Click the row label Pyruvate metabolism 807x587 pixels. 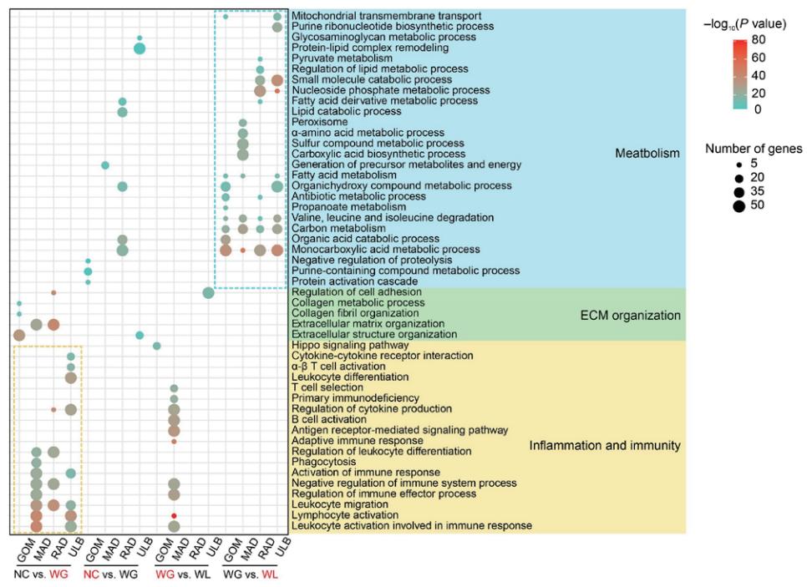(x=342, y=58)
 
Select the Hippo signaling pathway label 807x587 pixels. (x=350, y=345)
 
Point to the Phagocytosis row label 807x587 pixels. (x=324, y=462)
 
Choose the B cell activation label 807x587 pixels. (x=332, y=420)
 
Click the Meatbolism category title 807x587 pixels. (x=647, y=154)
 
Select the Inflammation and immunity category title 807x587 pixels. (x=605, y=446)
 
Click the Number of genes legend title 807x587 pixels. (x=754, y=149)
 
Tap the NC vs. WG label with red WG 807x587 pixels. (x=43, y=575)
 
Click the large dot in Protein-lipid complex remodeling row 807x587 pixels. (x=140, y=49)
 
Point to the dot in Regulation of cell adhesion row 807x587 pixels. (x=208, y=292)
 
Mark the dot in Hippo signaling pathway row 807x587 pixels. (x=156, y=346)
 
